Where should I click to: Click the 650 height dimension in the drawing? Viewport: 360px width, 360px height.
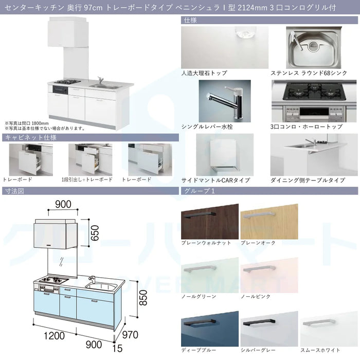[x=95, y=233]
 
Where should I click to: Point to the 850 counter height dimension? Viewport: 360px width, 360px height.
[x=143, y=298]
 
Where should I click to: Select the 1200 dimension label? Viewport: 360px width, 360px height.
[x=54, y=336]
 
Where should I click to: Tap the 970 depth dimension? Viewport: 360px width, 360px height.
[x=130, y=335]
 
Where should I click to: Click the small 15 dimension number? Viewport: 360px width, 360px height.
[x=117, y=349]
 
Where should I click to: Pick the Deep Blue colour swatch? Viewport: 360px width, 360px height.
[x=210, y=329]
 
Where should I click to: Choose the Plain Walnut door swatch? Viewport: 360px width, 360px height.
[x=210, y=221]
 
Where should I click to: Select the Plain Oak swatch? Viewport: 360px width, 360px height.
[x=269, y=221]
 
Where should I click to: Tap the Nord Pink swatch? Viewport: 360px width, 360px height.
[x=269, y=275]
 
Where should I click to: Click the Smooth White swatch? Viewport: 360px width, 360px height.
[x=329, y=329]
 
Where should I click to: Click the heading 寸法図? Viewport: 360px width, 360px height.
[x=14, y=191]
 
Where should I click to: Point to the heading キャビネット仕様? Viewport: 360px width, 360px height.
[x=30, y=137]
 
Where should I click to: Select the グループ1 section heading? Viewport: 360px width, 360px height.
[x=200, y=191]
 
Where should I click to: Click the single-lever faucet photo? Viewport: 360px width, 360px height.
[x=225, y=101]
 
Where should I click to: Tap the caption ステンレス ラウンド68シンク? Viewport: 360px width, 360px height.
[x=309, y=73]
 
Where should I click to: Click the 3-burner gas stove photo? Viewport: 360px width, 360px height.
[x=314, y=101]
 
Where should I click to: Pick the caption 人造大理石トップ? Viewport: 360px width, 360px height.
[x=204, y=73]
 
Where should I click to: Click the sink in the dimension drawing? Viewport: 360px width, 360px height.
[x=101, y=287]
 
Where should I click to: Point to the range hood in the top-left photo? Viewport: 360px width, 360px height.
[x=68, y=32]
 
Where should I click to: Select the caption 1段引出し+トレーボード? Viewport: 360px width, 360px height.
[x=87, y=179]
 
